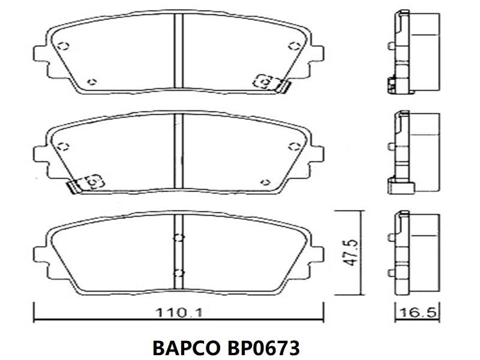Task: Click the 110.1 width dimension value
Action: point(179,313)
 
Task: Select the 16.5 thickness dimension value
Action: point(418,313)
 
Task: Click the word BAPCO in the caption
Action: point(186,347)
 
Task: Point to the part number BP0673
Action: point(263,347)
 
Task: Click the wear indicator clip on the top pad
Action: point(271,83)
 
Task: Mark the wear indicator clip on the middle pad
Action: point(85,184)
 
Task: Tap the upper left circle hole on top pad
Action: point(64,46)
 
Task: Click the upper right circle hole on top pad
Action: point(294,46)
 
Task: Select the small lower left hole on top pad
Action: point(92,82)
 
